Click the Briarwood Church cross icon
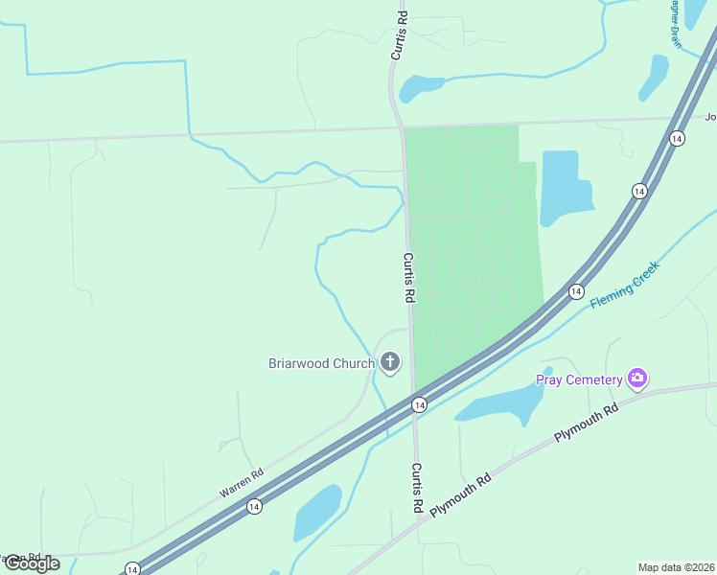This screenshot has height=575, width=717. (390, 362)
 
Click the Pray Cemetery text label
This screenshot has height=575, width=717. (579, 380)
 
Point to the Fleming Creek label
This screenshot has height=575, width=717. (626, 287)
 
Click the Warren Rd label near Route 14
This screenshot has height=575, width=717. (242, 482)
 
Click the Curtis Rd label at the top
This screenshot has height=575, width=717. (401, 35)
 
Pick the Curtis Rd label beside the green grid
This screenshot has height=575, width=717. (408, 278)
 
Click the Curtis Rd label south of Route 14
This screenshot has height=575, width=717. (417, 487)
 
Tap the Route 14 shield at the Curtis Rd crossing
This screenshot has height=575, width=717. (419, 405)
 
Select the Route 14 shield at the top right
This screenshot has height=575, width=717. (677, 138)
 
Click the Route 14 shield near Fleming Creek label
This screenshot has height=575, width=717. (576, 291)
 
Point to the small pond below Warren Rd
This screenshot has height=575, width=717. (317, 512)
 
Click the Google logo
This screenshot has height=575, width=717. (32, 563)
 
